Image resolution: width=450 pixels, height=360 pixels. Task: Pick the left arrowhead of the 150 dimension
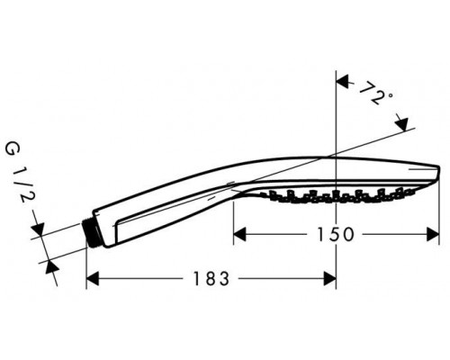[238, 235]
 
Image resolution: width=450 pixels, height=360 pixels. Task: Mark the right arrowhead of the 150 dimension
[434, 235]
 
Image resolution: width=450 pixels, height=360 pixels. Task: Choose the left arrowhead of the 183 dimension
[91, 280]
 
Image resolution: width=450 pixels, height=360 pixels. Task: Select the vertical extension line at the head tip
[438, 216]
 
